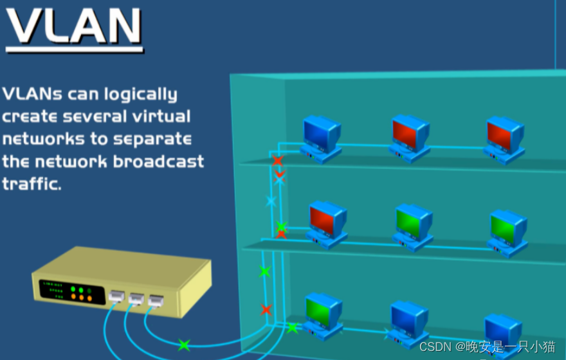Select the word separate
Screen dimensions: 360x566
[x=152, y=138]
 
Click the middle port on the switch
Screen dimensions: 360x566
[x=136, y=298]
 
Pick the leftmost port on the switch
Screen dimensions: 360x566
[x=117, y=296]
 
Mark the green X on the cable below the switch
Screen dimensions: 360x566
[x=184, y=345]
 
